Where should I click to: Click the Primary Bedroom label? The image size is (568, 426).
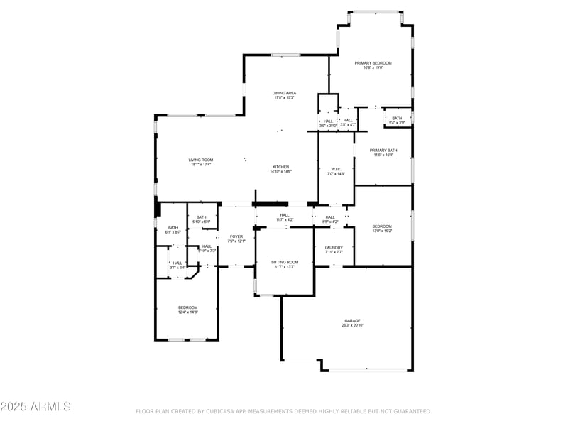click(x=373, y=63)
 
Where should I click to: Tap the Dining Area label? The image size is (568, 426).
click(x=284, y=93)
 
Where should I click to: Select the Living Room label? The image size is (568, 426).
click(x=201, y=160)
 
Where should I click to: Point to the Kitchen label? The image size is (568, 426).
click(x=281, y=167)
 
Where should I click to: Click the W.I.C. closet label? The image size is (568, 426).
click(x=336, y=170)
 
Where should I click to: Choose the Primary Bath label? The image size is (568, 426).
click(x=383, y=151)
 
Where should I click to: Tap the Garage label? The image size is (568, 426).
click(x=353, y=321)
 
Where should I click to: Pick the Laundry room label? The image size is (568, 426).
click(x=334, y=247)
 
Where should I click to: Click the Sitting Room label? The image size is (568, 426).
click(x=285, y=262)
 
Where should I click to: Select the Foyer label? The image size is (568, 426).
click(x=236, y=236)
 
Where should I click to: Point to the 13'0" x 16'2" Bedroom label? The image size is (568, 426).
click(x=382, y=226)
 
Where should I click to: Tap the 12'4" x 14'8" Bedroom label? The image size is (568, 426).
click(x=187, y=307)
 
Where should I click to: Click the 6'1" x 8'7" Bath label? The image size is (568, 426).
click(x=173, y=228)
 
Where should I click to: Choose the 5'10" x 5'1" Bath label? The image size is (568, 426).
click(x=202, y=217)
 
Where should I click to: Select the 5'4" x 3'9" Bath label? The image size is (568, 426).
click(x=397, y=119)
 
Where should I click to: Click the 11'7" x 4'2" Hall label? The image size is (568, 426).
click(x=285, y=215)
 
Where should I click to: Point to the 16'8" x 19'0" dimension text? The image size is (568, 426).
click(x=373, y=68)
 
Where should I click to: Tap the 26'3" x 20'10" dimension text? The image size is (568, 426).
click(x=353, y=325)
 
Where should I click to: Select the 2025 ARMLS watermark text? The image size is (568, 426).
click(x=35, y=407)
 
